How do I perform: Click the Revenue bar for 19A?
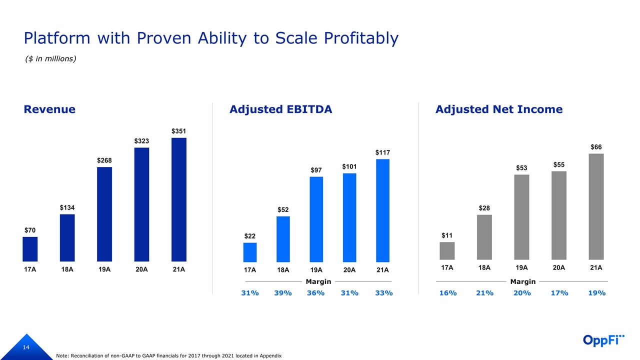104,214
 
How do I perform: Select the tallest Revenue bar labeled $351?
179,199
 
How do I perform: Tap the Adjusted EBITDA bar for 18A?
283,239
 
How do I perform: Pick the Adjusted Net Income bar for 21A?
596,207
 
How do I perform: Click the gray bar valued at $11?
447,252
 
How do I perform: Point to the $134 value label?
67,207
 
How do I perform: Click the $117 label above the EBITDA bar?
382,152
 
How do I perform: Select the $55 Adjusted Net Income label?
559,164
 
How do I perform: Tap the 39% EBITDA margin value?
283,293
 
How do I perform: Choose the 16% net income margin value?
447,293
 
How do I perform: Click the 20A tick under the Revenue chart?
141,269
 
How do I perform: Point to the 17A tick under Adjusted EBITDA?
250,270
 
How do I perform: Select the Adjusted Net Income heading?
498,109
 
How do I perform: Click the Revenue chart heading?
49,109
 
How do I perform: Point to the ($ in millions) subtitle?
50,59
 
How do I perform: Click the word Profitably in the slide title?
361,38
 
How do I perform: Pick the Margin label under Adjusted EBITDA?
318,281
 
